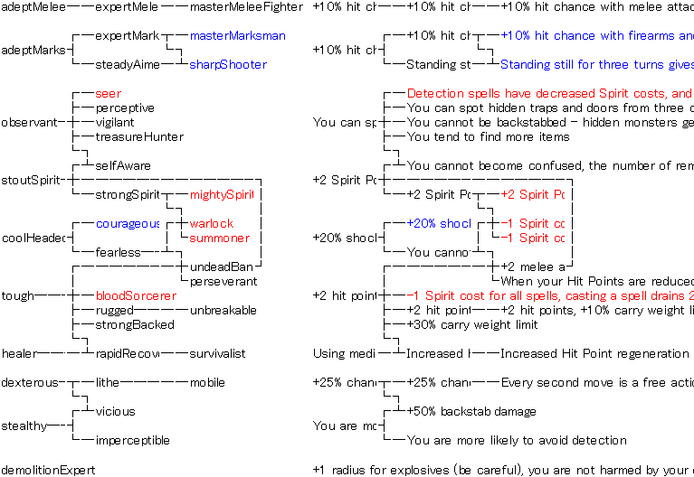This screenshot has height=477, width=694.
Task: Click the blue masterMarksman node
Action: coord(237,36)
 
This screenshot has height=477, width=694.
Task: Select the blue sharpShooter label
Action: coord(228,65)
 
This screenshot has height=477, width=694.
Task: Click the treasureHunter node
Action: coord(139,137)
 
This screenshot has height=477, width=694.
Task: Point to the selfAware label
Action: coord(123,166)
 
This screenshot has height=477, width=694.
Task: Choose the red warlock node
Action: coord(211,224)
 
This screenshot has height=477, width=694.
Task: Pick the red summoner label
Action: coord(219,238)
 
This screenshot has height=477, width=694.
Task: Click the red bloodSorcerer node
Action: coord(132,296)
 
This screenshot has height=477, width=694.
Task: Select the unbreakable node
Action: coord(223,311)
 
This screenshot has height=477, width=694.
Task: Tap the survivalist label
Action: coord(217,354)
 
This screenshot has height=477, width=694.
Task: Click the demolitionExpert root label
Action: coord(48,470)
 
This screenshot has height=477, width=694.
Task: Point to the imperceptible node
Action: coord(132,441)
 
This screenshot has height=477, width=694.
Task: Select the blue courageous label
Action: coord(128,224)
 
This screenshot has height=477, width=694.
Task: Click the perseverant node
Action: coord(223,282)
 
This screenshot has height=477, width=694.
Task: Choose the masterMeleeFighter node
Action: coord(246,7)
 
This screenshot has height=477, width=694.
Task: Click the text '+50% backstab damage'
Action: coord(471,412)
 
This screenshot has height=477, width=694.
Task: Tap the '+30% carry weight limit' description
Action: coord(472,325)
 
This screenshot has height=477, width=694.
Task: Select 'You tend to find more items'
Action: coord(488,137)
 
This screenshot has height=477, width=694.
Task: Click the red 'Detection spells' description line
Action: coord(548,94)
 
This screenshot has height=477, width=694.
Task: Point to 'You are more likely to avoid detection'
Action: coord(517,441)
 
